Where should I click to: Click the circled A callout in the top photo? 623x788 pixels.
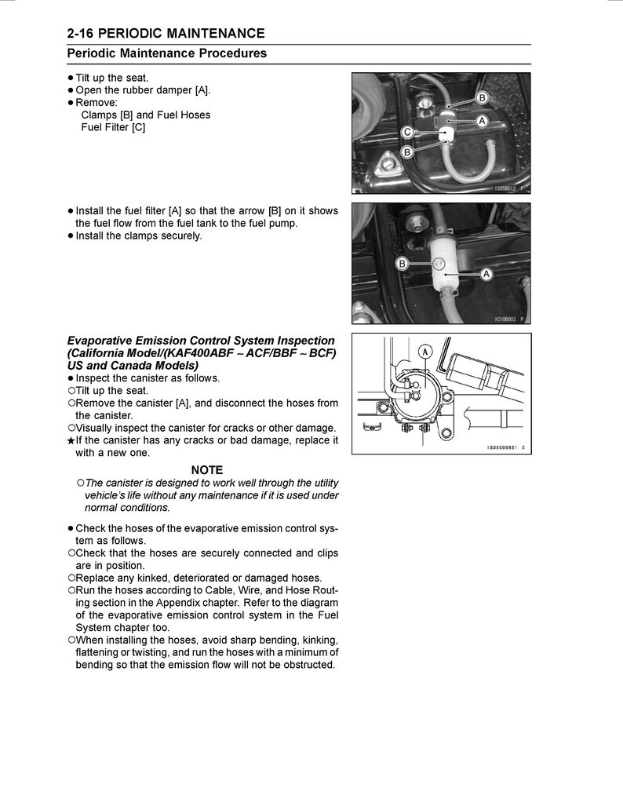click(482, 120)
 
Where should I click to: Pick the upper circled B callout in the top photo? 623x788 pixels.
click(482, 97)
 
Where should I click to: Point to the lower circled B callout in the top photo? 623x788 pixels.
click(407, 151)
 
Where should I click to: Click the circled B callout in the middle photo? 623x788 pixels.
click(403, 264)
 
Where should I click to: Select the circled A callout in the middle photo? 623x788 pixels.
click(486, 274)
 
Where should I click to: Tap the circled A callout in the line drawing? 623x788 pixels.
click(425, 352)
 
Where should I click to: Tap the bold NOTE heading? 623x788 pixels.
click(206, 470)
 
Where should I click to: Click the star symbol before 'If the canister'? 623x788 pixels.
click(71, 441)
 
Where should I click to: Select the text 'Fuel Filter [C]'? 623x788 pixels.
click(113, 127)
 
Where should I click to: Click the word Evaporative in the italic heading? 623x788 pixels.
click(103, 341)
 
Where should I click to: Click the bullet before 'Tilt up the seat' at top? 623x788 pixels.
click(71, 78)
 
